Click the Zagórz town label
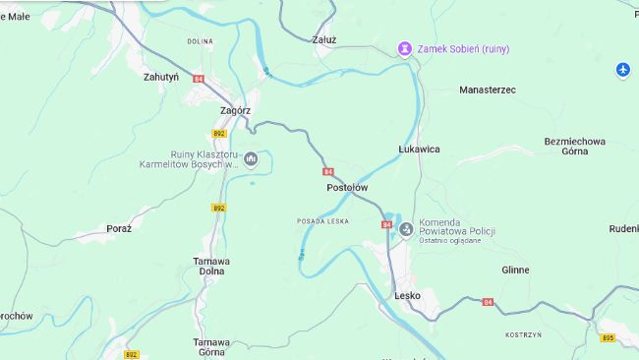pyautogui.click(x=235, y=111)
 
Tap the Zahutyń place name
pyautogui.click(x=160, y=76)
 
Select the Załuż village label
pyautogui.click(x=323, y=40)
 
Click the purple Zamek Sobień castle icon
pyautogui.click(x=404, y=49)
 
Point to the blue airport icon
pyautogui.click(x=622, y=69)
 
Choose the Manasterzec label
pyautogui.click(x=487, y=90)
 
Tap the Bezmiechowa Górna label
pyautogui.click(x=574, y=147)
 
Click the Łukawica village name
pyautogui.click(x=419, y=149)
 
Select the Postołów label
pyautogui.click(x=347, y=187)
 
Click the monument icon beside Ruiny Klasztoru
pyautogui.click(x=251, y=157)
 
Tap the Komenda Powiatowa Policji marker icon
pyautogui.click(x=406, y=229)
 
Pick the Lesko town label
pyautogui.click(x=407, y=295)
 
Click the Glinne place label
pyautogui.click(x=515, y=270)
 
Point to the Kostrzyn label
pyautogui.click(x=523, y=334)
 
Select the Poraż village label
pyautogui.click(x=119, y=228)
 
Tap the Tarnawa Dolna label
pyautogui.click(x=210, y=266)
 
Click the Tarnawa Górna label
pyautogui.click(x=210, y=347)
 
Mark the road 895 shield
pyautogui.click(x=608, y=338)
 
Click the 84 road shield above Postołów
pyautogui.click(x=327, y=171)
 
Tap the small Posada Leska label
pyautogui.click(x=323, y=221)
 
